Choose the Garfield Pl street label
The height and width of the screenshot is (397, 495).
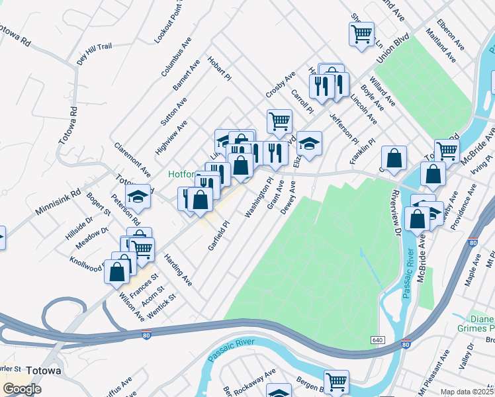pos(218,236)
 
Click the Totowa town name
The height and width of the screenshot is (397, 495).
pos(44,371)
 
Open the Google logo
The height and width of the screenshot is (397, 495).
pos(22,388)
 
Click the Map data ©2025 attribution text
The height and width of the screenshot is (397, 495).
pos(467,392)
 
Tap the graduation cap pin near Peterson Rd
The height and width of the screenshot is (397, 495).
pos(138,196)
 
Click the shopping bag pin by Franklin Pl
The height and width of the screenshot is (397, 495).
pos(394,158)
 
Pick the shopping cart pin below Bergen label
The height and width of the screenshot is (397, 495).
pos(336,382)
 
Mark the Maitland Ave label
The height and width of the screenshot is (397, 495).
pos(441,46)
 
